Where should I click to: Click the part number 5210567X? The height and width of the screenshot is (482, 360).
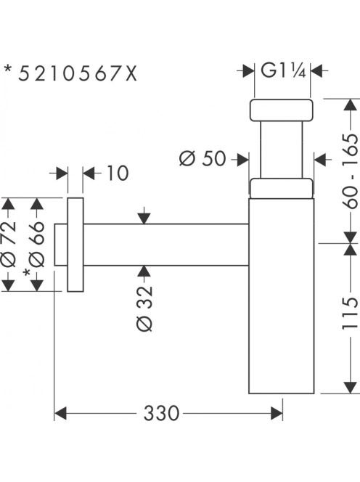pyautogui.click(x=78, y=74)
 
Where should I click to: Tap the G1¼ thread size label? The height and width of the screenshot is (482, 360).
pyautogui.click(x=283, y=70)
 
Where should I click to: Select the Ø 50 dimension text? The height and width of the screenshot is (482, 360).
pyautogui.click(x=202, y=159)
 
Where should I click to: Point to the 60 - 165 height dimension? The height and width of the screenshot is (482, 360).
pyautogui.click(x=350, y=171)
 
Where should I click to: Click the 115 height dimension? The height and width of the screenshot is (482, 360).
pyautogui.click(x=350, y=312)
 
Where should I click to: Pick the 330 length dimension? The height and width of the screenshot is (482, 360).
pyautogui.click(x=161, y=413)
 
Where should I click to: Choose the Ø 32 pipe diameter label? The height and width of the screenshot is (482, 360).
pyautogui.click(x=144, y=309)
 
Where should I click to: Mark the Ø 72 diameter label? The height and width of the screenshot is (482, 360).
pyautogui.click(x=8, y=243)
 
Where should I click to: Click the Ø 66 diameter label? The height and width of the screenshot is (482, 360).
pyautogui.click(x=37, y=243)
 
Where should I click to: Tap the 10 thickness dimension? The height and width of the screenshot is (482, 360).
pyautogui.click(x=118, y=173)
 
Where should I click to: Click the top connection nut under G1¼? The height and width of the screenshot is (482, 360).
pyautogui.click(x=281, y=110)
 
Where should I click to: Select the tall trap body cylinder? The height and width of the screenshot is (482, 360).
pyautogui.click(x=282, y=295)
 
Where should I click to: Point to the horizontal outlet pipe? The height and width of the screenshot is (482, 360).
pyautogui.click(x=166, y=245)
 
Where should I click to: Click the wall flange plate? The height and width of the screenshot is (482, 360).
pyautogui.click(x=75, y=245)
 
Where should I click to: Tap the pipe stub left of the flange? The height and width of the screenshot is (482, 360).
pyautogui.click(x=61, y=245)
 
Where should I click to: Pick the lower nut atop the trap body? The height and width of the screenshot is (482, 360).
pyautogui.click(x=281, y=188)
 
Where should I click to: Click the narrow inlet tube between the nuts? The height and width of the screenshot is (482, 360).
pyautogui.click(x=282, y=150)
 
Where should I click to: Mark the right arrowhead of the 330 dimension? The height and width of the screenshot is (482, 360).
pyautogui.click(x=277, y=413)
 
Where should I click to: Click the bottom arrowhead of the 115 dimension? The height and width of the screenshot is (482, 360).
pyautogui.click(x=350, y=388)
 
